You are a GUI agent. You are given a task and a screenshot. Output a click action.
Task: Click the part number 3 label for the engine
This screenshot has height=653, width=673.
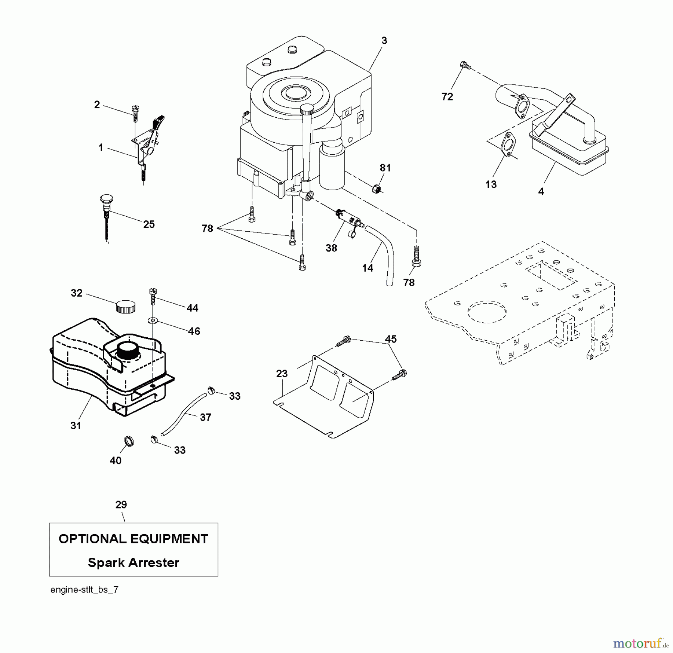click(384, 41)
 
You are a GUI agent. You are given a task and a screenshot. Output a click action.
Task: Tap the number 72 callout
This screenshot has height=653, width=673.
click(447, 97)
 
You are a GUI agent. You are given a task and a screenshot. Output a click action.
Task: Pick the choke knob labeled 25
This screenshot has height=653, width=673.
click(107, 202)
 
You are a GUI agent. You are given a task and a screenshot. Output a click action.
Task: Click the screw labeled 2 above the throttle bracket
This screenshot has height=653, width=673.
click(135, 112)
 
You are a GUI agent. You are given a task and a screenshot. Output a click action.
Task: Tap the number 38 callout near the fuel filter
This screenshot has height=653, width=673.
click(331, 248)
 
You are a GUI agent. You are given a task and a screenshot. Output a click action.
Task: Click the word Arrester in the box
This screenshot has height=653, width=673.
click(154, 562)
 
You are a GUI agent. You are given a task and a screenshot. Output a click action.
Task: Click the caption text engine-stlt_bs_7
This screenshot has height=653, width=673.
click(84, 589)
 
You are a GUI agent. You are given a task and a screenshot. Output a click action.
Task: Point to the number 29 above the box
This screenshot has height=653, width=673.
click(121, 505)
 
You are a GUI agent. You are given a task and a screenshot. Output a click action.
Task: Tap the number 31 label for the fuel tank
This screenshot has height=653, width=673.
click(76, 425)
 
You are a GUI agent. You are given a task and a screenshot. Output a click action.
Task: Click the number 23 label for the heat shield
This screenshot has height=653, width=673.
click(282, 373)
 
